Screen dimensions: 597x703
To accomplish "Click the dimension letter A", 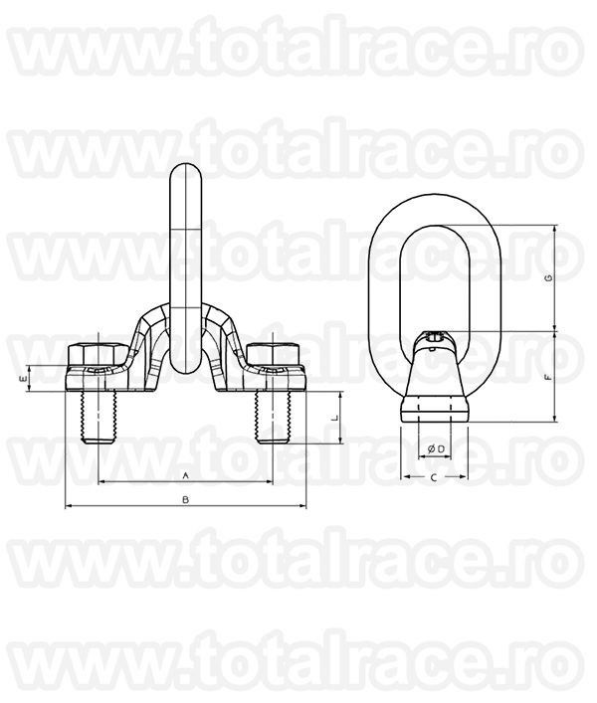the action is [185, 475].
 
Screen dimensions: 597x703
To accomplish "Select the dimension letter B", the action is [185, 500].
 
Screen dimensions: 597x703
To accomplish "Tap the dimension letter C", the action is [434, 478].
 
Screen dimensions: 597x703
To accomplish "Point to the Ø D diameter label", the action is [436, 448].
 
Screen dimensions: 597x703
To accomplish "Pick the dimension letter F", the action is [547, 377].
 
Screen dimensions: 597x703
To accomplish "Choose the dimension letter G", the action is [547, 278].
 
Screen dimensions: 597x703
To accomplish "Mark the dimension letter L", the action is [333, 418].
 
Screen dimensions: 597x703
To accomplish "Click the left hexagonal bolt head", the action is [98, 354].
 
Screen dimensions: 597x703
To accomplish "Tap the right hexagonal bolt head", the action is [273, 354].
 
